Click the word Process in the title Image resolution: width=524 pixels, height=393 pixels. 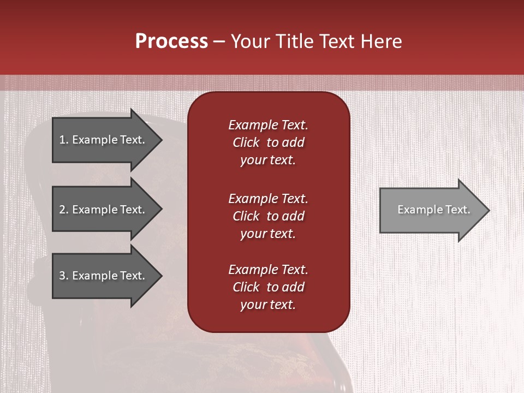[x=171, y=41]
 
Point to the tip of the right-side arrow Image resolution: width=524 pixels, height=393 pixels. [x=489, y=210]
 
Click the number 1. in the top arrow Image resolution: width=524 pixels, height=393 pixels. [x=63, y=140]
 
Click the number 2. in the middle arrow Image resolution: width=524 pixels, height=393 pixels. [x=63, y=210]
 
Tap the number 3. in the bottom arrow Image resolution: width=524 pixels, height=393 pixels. [x=63, y=276]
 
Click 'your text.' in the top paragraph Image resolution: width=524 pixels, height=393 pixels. [x=268, y=160]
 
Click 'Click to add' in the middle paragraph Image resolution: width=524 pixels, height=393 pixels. [x=268, y=217]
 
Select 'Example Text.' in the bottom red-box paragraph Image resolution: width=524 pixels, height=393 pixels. [x=268, y=270]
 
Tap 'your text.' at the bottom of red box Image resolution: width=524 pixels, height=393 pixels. [x=268, y=305]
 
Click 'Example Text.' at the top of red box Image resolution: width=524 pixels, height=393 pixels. [x=268, y=125]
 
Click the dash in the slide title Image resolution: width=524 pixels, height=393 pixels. [x=219, y=41]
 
